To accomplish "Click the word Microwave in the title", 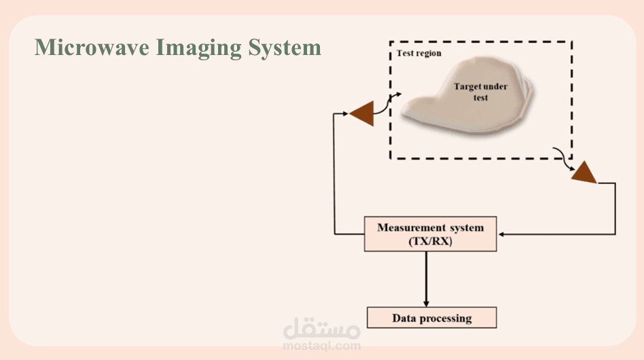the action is tap(92, 47).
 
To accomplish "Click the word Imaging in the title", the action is tap(198, 48).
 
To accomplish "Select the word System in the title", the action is tap(285, 48).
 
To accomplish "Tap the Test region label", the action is tap(419, 54).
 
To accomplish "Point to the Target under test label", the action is tap(480, 92).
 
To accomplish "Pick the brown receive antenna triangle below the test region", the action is tap(584, 173).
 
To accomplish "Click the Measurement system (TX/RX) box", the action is tap(431, 234).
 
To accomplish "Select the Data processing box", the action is tap(431, 318).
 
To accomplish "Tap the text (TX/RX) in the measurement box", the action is tap(431, 241).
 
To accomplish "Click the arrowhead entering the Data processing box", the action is tap(426, 304).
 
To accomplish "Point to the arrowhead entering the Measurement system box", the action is tap(501, 234).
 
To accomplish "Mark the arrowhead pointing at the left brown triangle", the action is tap(345, 113).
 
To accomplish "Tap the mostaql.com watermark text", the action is tap(321, 346).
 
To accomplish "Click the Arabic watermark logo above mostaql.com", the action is tap(321, 329).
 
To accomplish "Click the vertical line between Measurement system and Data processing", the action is tap(426, 279).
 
